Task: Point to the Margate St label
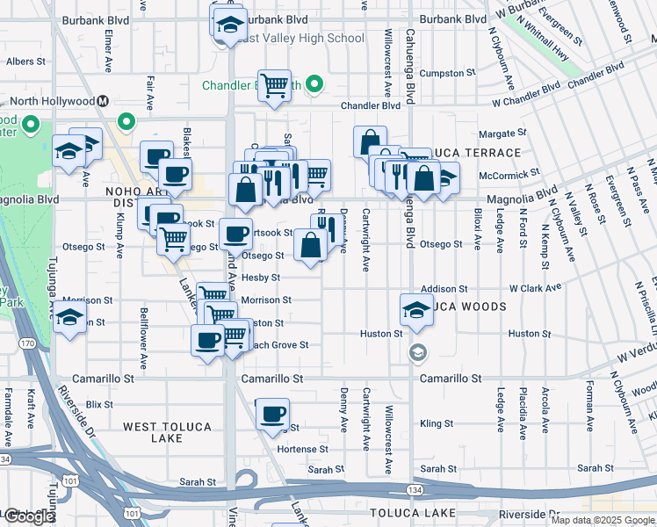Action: [x=502, y=134]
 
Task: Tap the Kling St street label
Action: [x=436, y=423]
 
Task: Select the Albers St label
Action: [x=25, y=61]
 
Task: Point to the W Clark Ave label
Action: [x=535, y=288]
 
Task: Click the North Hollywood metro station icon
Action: [x=103, y=101]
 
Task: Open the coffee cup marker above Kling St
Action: [x=273, y=414]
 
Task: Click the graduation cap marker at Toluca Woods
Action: [x=416, y=309]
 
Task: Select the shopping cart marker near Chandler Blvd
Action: [x=274, y=86]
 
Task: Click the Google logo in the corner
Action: [x=28, y=516]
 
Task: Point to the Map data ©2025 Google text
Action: [x=603, y=520]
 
